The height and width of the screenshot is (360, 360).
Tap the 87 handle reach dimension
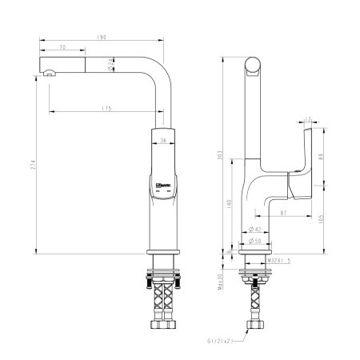[x=284, y=214]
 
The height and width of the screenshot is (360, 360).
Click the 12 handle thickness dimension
[x=308, y=121]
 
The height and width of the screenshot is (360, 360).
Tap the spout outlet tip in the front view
[x=50, y=74]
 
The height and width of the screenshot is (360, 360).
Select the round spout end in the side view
[x=253, y=65]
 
